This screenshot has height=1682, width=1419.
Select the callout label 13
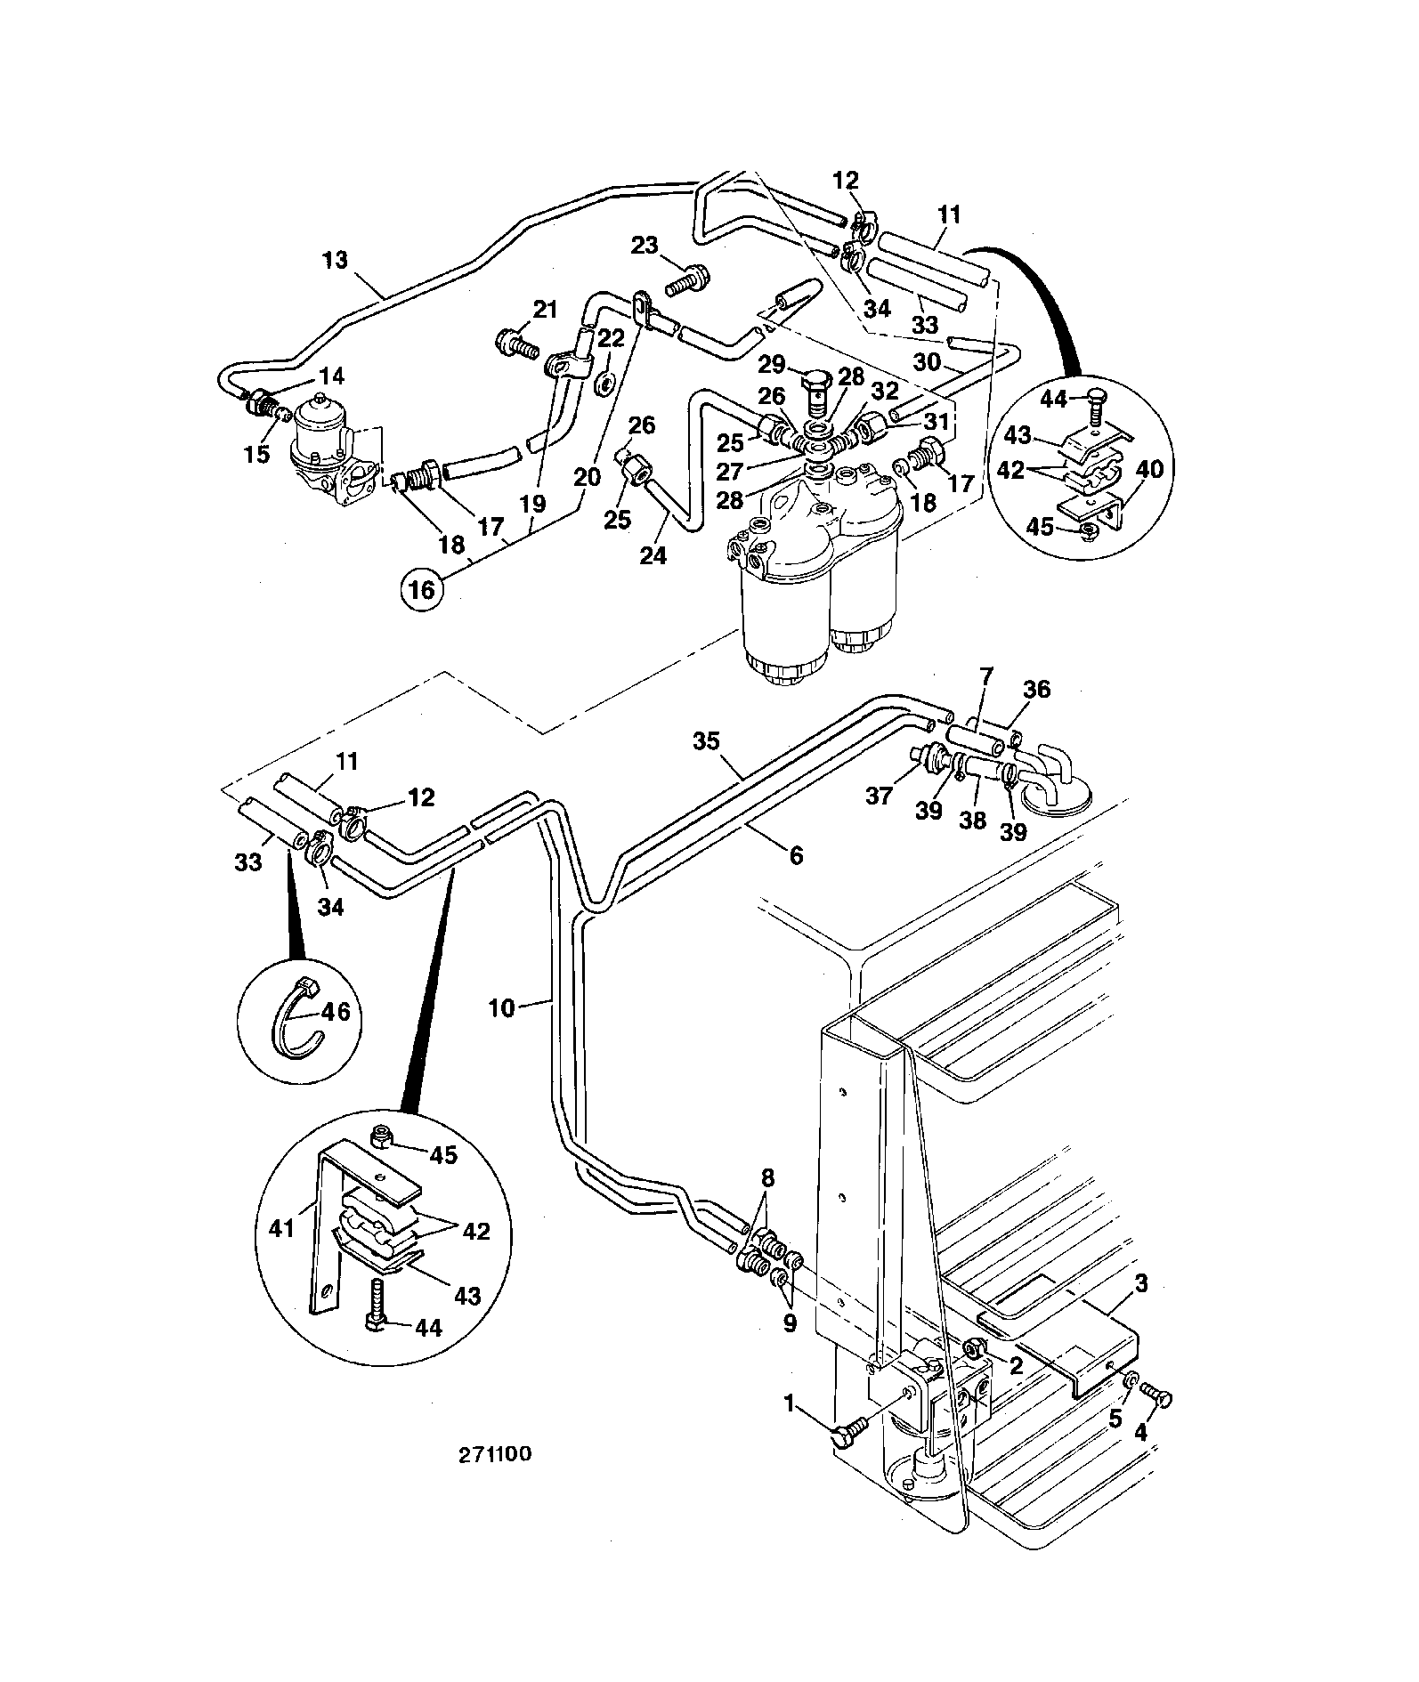337,261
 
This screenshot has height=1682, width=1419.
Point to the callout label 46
336,1011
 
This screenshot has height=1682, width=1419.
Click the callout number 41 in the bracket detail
282,1229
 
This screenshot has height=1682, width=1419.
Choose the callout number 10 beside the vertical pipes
502,1008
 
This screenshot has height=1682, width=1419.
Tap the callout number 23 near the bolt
647,245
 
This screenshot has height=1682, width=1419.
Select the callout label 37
880,795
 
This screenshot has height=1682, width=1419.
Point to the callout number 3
1142,1284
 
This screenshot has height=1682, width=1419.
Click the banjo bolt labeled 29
815,389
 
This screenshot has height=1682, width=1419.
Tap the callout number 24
653,555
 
